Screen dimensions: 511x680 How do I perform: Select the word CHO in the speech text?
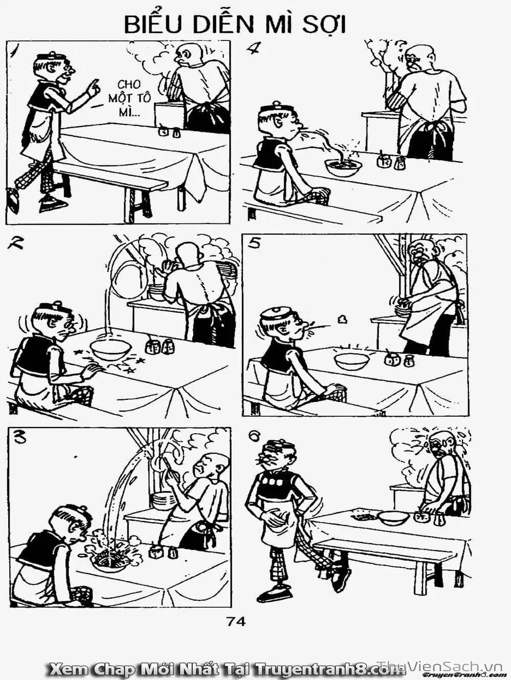click(x=128, y=84)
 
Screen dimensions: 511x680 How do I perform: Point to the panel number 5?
click(x=254, y=244)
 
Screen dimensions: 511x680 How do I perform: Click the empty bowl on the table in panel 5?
click(x=352, y=360)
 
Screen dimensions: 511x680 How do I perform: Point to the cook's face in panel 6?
click(x=436, y=449)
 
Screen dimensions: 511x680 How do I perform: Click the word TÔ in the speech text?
click(x=143, y=98)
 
